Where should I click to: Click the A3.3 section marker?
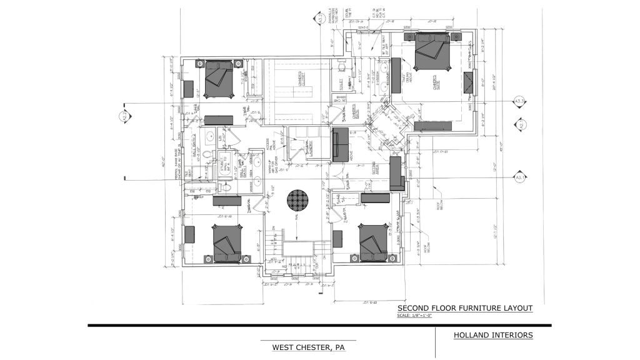(519, 101)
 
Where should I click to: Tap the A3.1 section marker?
(519, 178)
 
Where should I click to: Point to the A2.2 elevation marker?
(124, 114)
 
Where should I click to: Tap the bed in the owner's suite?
(431, 54)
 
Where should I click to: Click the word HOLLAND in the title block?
(474, 335)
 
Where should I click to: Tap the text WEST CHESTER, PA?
(309, 347)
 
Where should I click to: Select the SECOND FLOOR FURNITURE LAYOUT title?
(465, 308)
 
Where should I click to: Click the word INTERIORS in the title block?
(513, 335)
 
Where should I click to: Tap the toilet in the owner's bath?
(341, 67)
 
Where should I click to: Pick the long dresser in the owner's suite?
(436, 126)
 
